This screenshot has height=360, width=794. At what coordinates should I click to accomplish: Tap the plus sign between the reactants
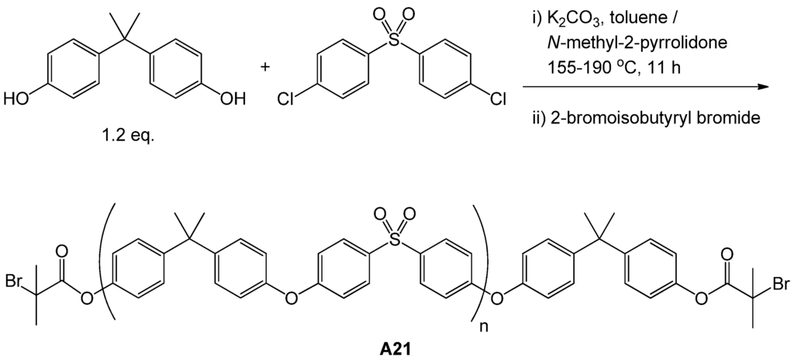(x=266, y=67)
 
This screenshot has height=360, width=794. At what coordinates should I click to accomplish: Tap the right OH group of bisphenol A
(x=232, y=99)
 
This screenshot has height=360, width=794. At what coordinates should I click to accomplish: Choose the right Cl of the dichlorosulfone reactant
(x=498, y=99)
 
